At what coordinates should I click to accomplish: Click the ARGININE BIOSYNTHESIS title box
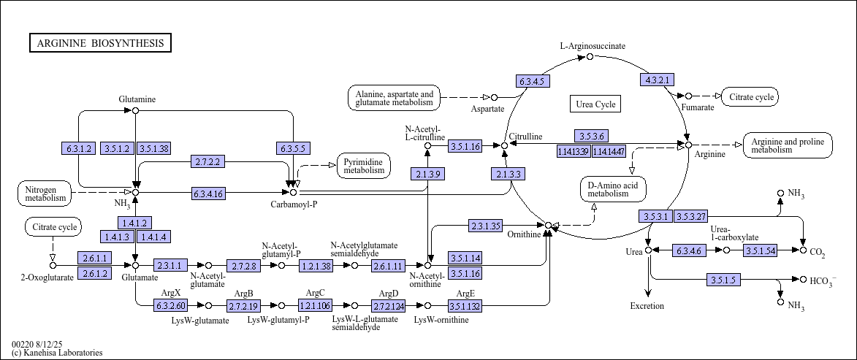tap(101, 43)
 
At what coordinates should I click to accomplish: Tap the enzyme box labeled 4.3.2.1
tap(656, 80)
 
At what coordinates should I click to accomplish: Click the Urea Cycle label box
tap(595, 104)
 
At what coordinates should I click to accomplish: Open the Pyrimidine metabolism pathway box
tap(364, 166)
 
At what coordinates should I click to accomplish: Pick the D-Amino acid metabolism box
tap(613, 188)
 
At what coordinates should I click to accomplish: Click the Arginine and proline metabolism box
tap(787, 145)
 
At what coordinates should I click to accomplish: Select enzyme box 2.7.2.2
tap(208, 161)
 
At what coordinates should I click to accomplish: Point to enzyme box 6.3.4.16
tap(208, 194)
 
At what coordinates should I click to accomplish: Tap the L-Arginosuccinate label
tap(593, 46)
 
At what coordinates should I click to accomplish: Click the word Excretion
tap(647, 306)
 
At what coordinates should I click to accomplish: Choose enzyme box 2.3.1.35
tap(485, 226)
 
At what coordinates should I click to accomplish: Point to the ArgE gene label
tap(464, 294)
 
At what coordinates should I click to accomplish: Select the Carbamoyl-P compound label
tap(294, 204)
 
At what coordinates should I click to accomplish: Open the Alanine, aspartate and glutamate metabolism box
tap(394, 99)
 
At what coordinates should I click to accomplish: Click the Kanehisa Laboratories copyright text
tap(57, 353)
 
